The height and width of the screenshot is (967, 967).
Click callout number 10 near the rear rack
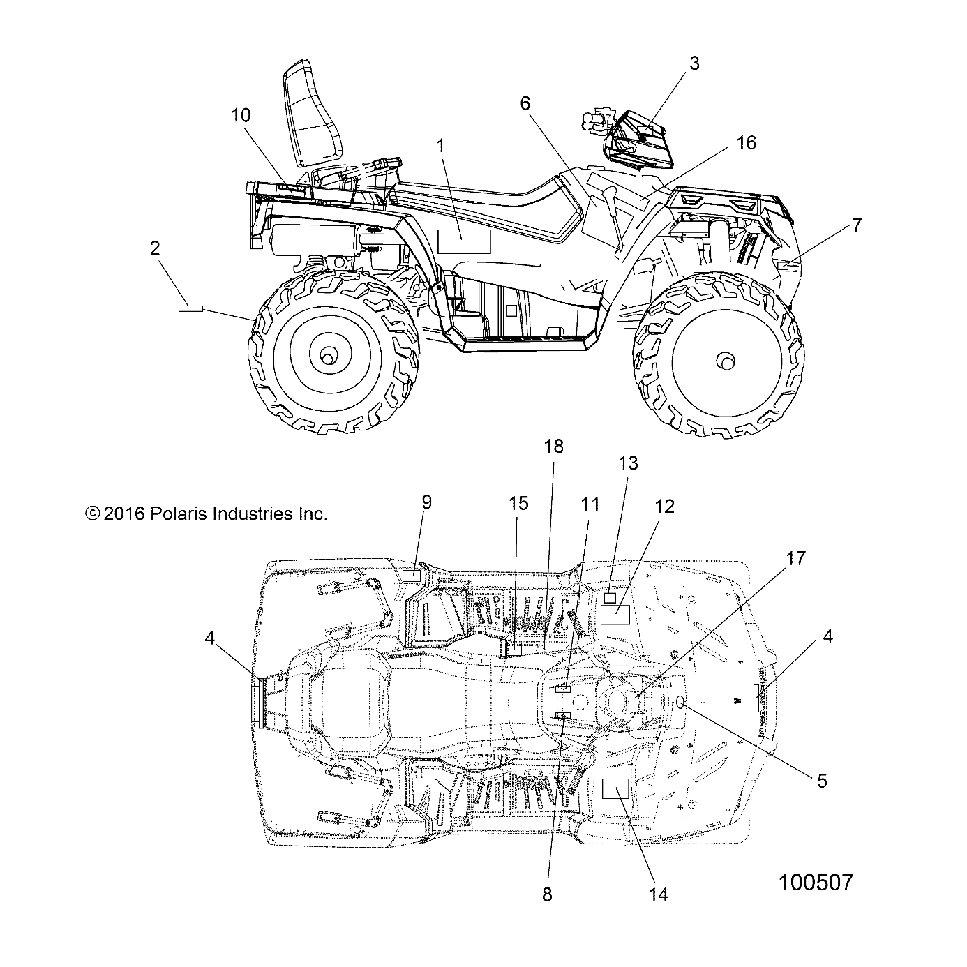[241, 115]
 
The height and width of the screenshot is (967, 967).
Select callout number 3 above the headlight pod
[694, 63]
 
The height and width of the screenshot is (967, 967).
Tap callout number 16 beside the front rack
[746, 143]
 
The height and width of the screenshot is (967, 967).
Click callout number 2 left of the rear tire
[155, 248]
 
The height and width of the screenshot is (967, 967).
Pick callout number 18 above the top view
[553, 447]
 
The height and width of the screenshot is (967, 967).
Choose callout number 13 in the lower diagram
[628, 463]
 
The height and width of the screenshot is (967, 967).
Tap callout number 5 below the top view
[822, 780]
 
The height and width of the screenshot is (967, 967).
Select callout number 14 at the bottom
[659, 894]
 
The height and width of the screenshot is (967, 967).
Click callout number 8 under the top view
[547, 894]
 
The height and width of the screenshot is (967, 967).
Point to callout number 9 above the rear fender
[426, 502]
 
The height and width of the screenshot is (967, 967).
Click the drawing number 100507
[815, 883]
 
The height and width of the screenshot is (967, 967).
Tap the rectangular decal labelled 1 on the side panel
[464, 241]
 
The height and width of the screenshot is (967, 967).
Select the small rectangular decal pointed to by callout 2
[190, 308]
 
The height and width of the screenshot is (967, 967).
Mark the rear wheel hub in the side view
[326, 357]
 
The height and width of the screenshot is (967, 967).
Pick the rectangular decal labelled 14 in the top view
[615, 789]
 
